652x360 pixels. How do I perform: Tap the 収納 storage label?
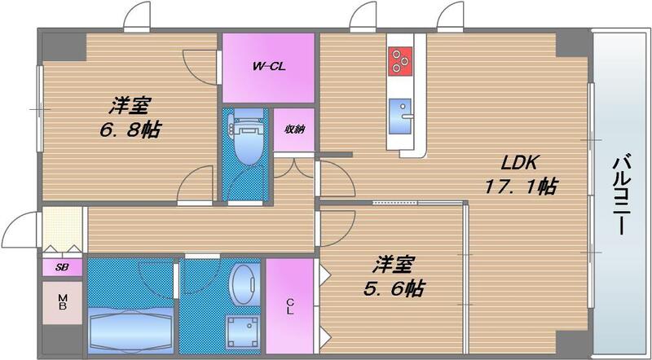click(x=294, y=130)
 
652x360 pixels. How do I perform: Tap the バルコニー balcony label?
click(x=623, y=196)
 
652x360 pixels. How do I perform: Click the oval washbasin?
click(x=242, y=284)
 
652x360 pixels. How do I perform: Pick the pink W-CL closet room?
click(x=268, y=67)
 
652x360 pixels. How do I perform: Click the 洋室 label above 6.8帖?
click(x=130, y=105)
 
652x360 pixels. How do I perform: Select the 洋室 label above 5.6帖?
click(x=394, y=264)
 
